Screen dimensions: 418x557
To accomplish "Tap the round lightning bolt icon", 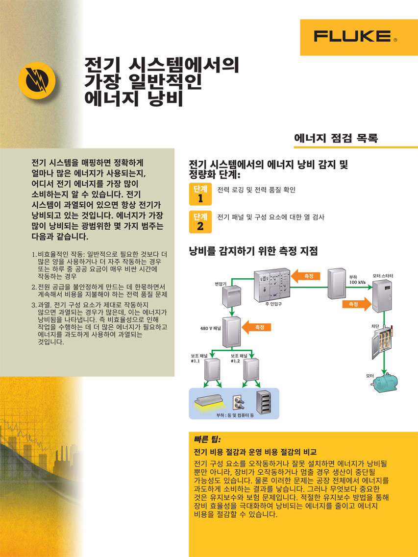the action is pos(37,79).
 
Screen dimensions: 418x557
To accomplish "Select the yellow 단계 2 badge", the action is pos(200,222).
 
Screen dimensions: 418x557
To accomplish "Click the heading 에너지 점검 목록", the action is pos(336,138).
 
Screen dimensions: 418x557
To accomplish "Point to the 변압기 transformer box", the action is pos(232,296).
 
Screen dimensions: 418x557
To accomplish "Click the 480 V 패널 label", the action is pos(210,328).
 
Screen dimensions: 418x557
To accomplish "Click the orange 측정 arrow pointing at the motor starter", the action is pos(357,304).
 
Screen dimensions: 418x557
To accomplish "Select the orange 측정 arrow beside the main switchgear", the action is pos(306,276).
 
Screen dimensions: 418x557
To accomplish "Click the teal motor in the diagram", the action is pos(385,382).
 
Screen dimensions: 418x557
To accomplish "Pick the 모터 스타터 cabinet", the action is pos(382,296).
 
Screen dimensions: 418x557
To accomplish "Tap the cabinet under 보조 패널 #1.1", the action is pos(212,370).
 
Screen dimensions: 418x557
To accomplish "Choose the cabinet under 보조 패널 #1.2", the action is pos(251,370).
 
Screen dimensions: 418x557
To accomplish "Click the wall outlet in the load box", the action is pos(239,403).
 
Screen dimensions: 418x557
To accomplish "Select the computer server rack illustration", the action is pos(264,402).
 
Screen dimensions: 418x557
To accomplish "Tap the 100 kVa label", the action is pos(357,282).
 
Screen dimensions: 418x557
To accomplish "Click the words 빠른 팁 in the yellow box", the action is pos(208,440).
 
